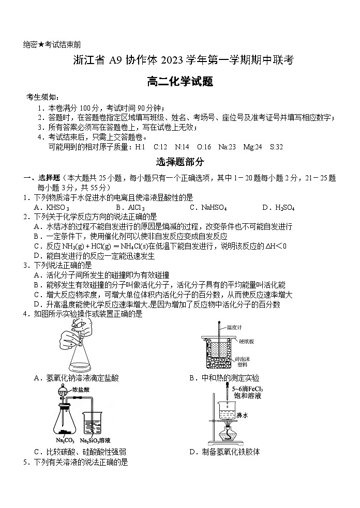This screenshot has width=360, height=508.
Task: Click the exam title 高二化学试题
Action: click(x=179, y=81)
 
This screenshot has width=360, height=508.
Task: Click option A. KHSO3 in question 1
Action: click(x=51, y=208)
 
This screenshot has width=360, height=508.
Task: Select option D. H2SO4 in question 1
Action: click(x=278, y=208)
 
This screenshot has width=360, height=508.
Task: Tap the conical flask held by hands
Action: click(x=78, y=357)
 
